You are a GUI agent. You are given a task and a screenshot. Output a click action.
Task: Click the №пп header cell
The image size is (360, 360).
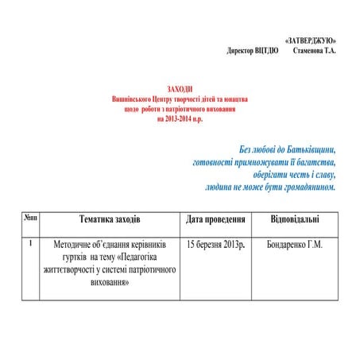click(x=29, y=217)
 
